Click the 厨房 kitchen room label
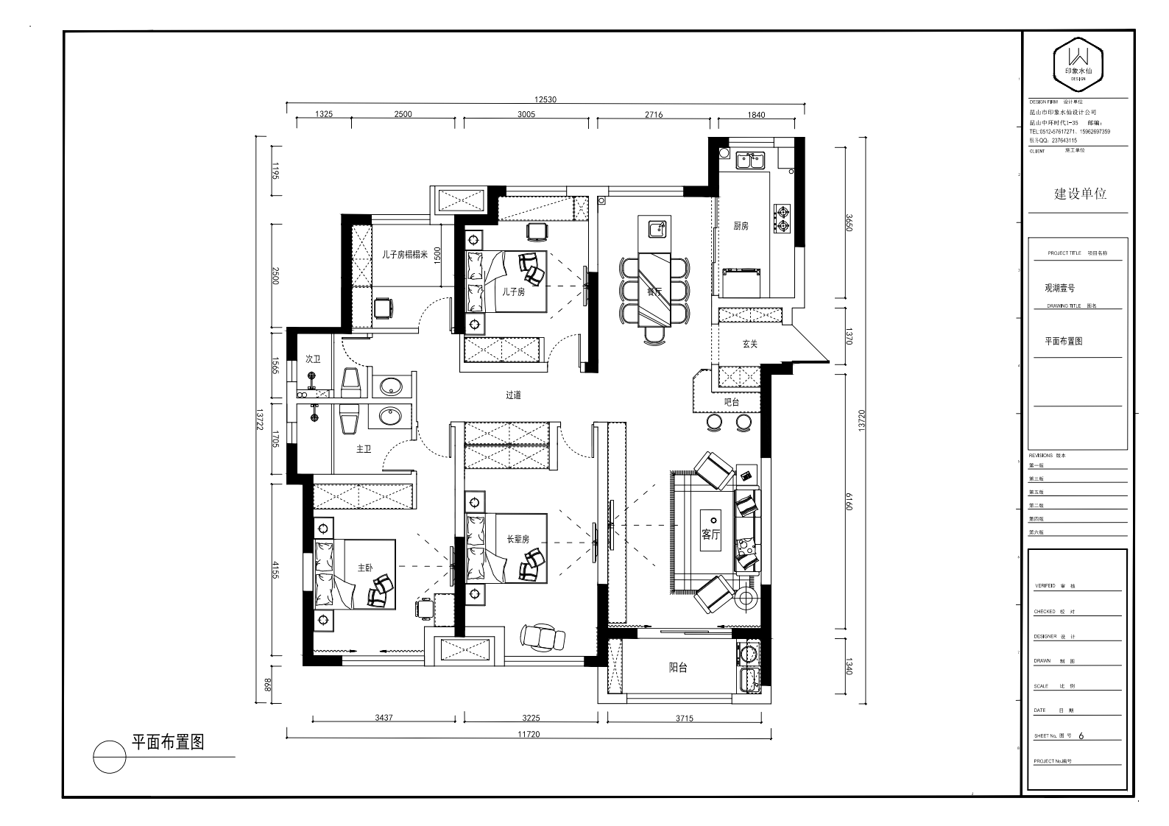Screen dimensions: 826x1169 pos(741,226)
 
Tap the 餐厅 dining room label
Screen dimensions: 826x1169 pos(654,292)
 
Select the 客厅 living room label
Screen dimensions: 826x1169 pos(710,534)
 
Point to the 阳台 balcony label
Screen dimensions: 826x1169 pos(678,668)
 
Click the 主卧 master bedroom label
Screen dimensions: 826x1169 pos(365,568)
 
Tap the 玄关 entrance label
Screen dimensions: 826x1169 pos(749,344)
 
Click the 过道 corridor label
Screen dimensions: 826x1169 pos(513,395)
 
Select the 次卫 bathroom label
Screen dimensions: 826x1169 pos(314,359)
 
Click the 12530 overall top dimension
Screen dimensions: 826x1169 pos(545,99)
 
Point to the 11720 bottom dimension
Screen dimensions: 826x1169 pos(529,734)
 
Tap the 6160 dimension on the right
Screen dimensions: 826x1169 pos(848,505)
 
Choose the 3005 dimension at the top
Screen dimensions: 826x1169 pos(526,114)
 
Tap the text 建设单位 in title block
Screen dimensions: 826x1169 pos(1080,194)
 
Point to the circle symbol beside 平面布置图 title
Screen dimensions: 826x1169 pos(109,757)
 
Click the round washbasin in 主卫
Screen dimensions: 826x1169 pos(390,417)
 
